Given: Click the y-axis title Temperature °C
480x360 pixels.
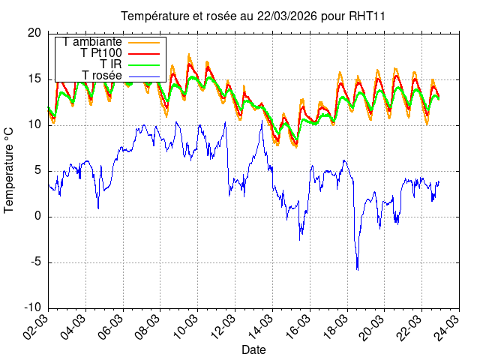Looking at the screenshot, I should [9, 169].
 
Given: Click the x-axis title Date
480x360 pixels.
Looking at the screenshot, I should [253, 349].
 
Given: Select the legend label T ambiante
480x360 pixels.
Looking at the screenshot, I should [93, 41].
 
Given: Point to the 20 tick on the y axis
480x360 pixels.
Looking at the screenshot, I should [34, 33].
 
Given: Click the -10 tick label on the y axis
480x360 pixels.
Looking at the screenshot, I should [31, 308].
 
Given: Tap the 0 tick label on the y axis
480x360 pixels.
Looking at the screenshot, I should [37, 217].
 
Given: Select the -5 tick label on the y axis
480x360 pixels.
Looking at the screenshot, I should [35, 262].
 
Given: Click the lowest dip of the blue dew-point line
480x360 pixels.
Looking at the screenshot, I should [357, 269].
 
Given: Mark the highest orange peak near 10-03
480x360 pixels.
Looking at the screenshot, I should [188, 54].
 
